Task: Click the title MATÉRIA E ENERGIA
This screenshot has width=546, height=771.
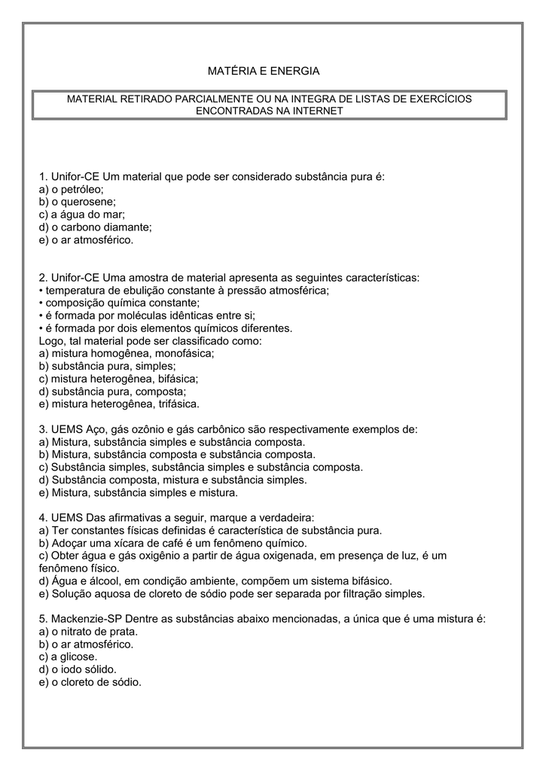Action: [x=264, y=71]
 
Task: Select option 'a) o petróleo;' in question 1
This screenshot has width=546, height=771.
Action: [x=72, y=189]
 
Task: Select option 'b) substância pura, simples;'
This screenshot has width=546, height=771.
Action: [x=107, y=366]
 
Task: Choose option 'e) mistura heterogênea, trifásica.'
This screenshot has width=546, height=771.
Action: [x=118, y=404]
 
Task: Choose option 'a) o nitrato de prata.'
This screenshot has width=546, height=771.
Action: [x=88, y=632]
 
